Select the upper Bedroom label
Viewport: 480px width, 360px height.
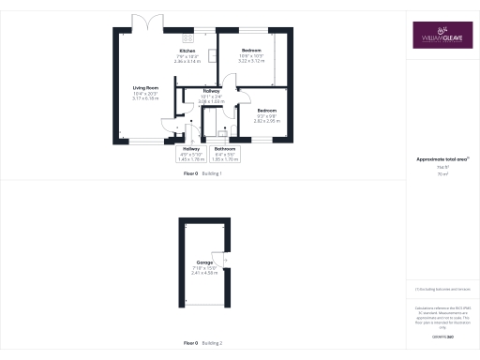click(x=251, y=49)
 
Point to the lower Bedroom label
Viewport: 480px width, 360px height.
click(x=268, y=111)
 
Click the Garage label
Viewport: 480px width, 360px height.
click(x=203, y=262)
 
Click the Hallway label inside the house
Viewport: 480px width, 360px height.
click(x=210, y=91)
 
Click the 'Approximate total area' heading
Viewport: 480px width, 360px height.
click(x=441, y=160)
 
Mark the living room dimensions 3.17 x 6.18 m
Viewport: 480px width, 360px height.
click(x=145, y=98)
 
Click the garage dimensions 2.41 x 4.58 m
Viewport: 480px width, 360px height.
click(x=203, y=273)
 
